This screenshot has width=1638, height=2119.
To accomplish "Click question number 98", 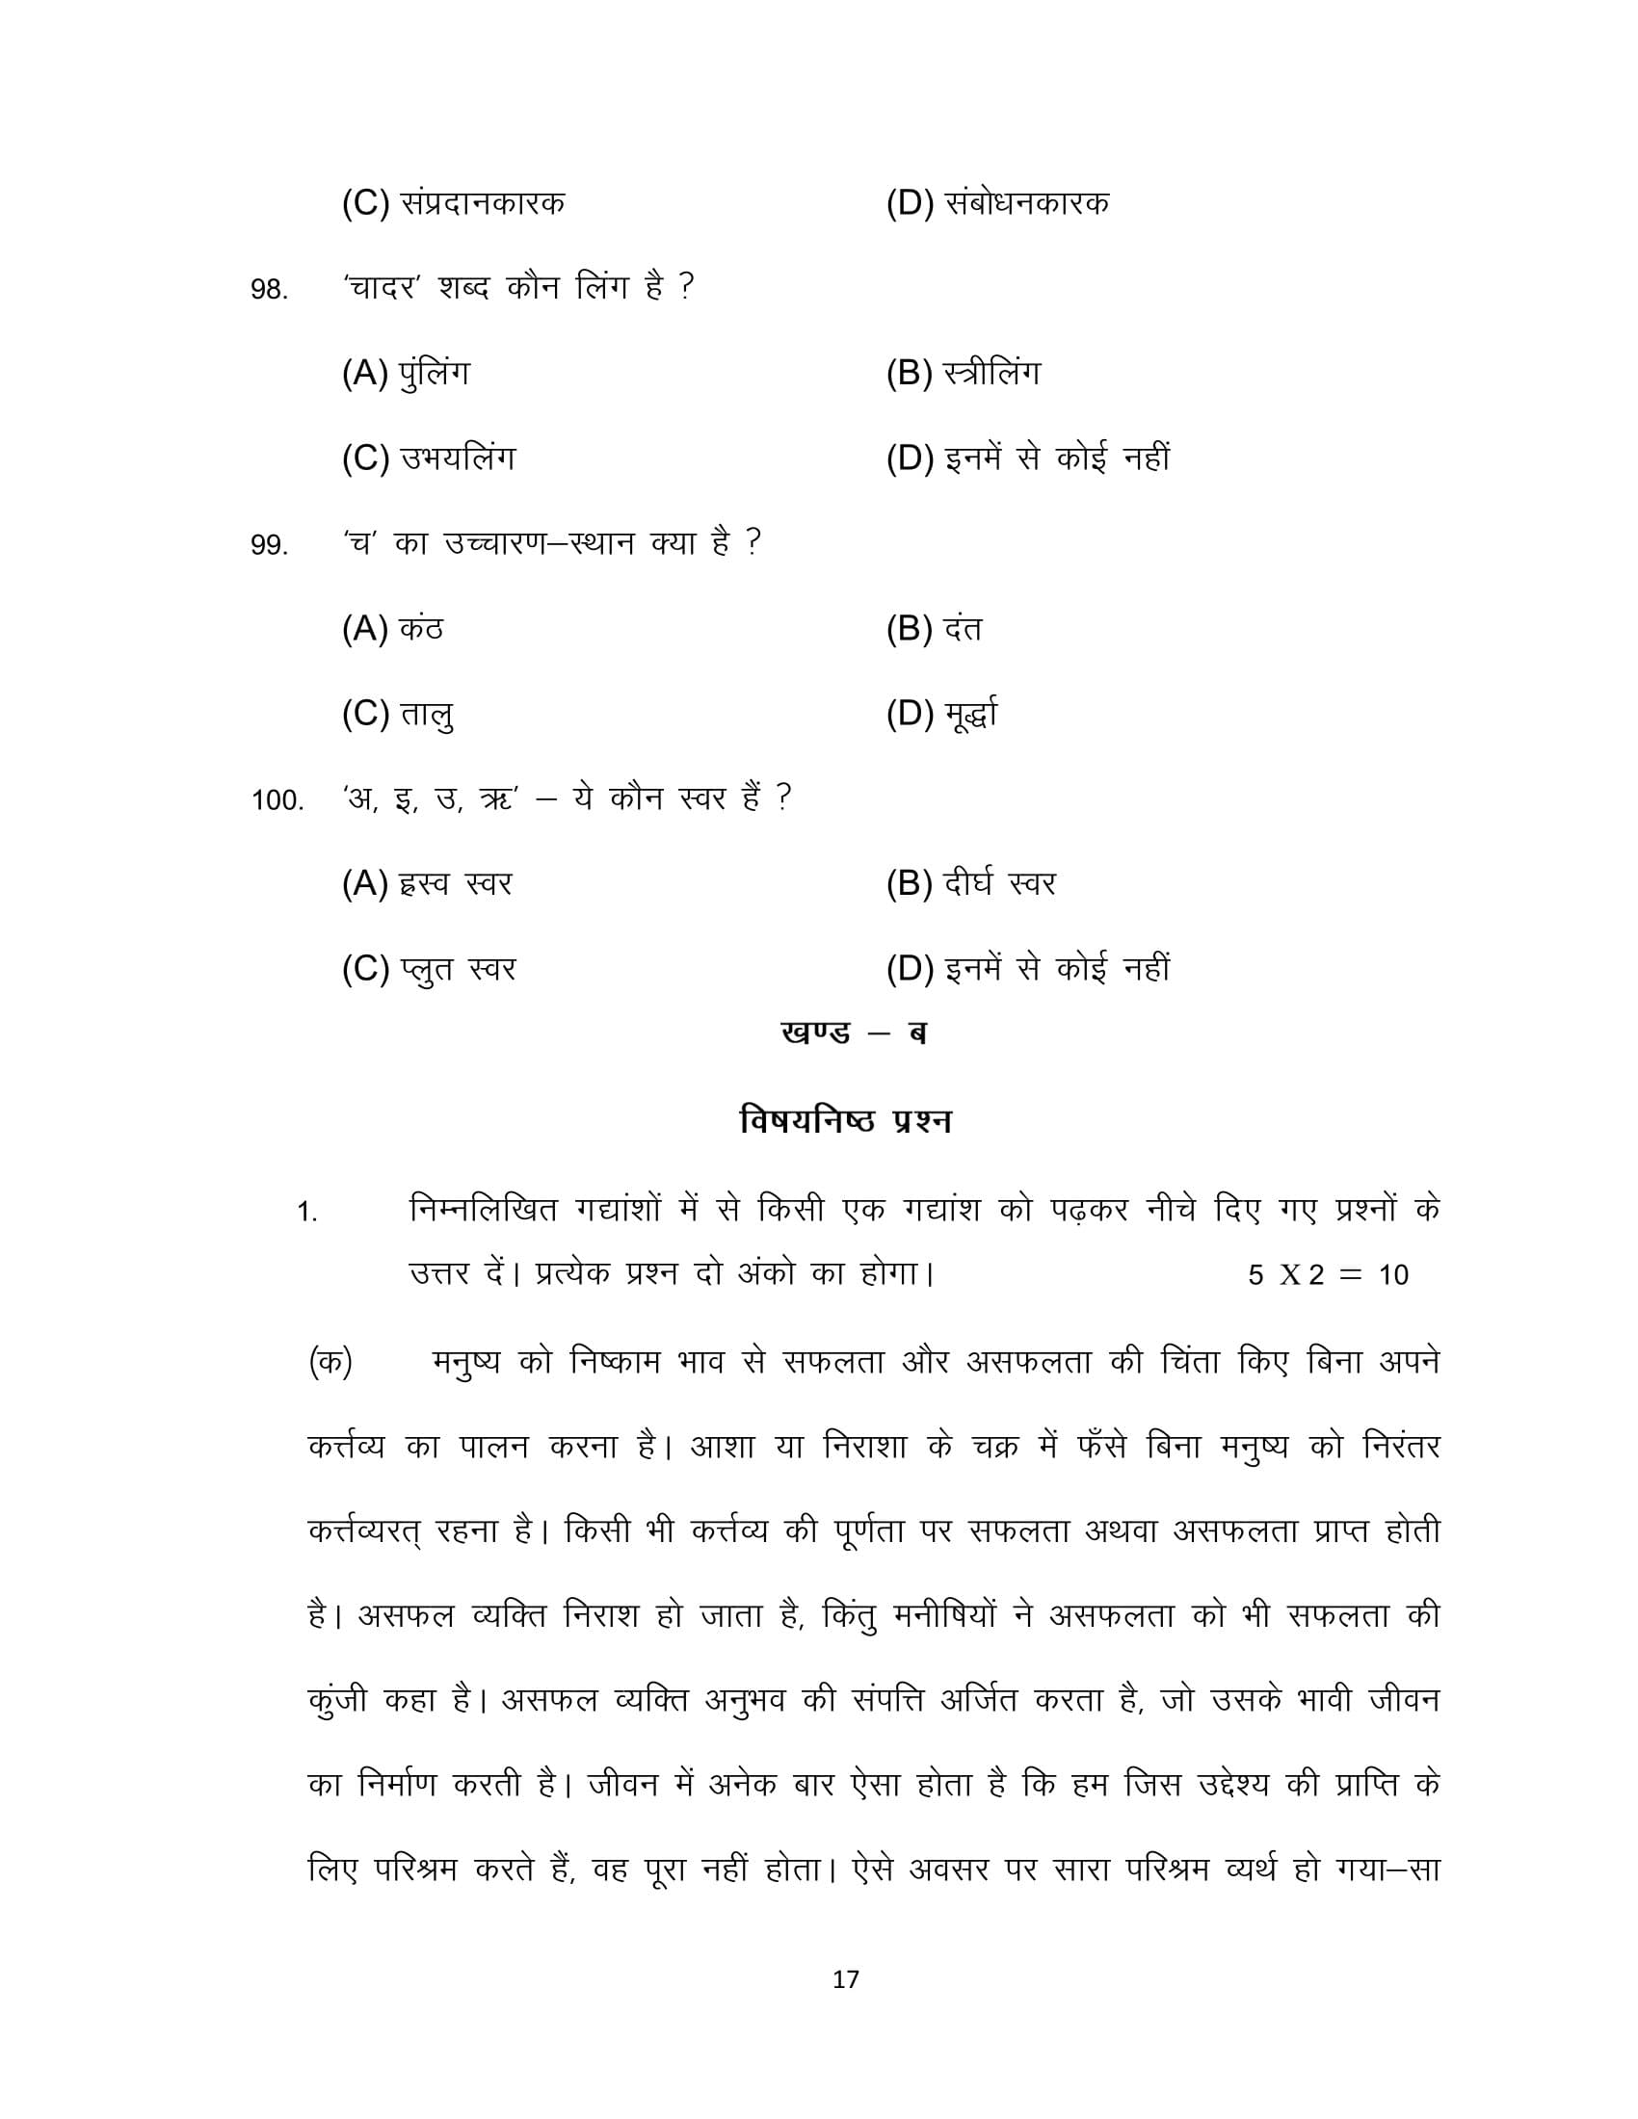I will pos(269,290).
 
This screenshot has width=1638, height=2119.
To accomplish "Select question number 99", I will pos(269,545).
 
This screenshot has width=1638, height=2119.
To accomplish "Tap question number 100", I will pos(277,800).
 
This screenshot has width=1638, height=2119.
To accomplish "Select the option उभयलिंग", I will pos(428,458).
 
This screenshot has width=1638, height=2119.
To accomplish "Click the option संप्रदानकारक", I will pos(452,204).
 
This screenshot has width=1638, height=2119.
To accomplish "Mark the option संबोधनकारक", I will pos(996,204).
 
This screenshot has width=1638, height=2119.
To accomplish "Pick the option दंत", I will pos(934,630).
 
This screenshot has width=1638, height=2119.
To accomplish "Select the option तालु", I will pos(398,715).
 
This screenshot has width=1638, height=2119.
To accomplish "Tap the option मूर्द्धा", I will pos(941,715).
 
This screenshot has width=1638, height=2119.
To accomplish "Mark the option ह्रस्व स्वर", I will pos(426,884).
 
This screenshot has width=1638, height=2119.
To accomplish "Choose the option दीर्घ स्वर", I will pos(969,884).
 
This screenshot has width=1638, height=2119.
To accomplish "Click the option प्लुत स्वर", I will pos(428,969).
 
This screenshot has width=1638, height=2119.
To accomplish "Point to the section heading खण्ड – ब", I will pos(853,1033).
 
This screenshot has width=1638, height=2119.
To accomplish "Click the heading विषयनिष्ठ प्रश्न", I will pos(845,1120).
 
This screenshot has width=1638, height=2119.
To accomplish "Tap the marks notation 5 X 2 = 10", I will pos(1328,1275).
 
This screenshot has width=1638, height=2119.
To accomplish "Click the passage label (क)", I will pos(330,1362).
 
